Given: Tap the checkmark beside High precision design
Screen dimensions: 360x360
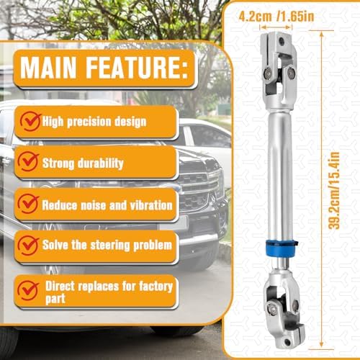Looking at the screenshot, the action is (30, 122).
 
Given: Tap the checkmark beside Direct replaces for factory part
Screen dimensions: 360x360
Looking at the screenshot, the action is (28, 291).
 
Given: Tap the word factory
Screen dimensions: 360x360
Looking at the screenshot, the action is (156, 287).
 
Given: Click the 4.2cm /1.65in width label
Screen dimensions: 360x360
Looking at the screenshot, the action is (276, 17).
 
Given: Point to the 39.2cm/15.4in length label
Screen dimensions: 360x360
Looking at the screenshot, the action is (334, 191).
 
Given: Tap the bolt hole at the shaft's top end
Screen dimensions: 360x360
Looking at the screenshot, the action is (282, 42).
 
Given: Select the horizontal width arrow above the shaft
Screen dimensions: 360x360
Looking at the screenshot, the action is (276, 27).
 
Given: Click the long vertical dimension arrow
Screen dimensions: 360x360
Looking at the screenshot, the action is (322, 190).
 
